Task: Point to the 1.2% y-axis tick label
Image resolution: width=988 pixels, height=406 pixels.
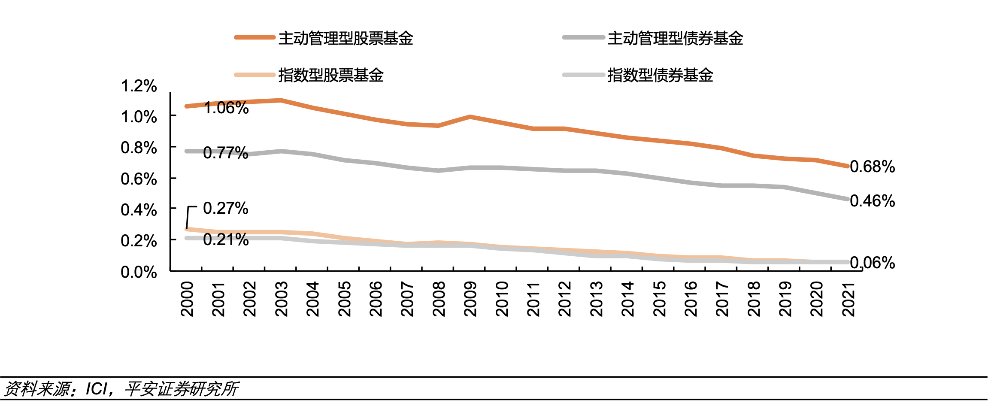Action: click(x=139, y=86)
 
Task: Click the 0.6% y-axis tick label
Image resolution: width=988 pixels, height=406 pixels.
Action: click(x=139, y=179)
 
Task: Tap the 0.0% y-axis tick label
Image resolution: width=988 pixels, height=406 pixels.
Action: click(x=139, y=272)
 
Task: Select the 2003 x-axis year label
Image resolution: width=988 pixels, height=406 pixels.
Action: click(x=282, y=299)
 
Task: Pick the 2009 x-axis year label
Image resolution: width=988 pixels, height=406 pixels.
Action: click(x=470, y=299)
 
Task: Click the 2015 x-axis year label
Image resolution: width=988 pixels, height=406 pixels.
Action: click(x=659, y=299)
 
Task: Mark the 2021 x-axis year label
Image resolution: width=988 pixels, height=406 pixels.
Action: click(x=849, y=299)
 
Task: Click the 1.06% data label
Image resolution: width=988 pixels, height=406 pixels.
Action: click(x=226, y=108)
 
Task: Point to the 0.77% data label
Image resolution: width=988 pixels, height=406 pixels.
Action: click(x=226, y=153)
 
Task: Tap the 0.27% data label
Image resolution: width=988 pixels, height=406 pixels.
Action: click(x=226, y=209)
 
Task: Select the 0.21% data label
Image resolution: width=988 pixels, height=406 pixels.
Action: click(x=226, y=240)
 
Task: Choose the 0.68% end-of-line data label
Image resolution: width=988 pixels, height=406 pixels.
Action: click(x=873, y=167)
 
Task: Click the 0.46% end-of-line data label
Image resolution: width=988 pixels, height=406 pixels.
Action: click(x=873, y=201)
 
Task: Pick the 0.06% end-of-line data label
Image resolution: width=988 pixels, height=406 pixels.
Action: click(x=873, y=263)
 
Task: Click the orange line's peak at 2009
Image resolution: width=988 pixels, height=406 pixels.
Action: click(x=470, y=117)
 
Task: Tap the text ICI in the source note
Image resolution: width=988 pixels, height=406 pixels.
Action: click(x=97, y=389)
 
